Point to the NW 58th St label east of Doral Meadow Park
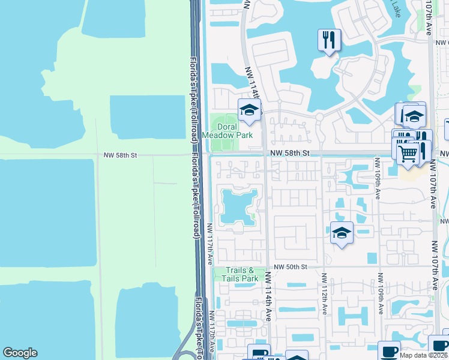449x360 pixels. click(289, 154)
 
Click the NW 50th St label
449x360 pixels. click(291, 266)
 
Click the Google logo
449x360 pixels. click(20, 353)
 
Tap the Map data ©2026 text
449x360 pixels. click(423, 355)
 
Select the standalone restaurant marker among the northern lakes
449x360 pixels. click(329, 41)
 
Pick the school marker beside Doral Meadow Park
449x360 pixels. click(250, 110)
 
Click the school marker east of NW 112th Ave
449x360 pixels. click(342, 233)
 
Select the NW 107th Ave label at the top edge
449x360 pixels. click(428, 18)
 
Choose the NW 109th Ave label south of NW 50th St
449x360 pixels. click(379, 295)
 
